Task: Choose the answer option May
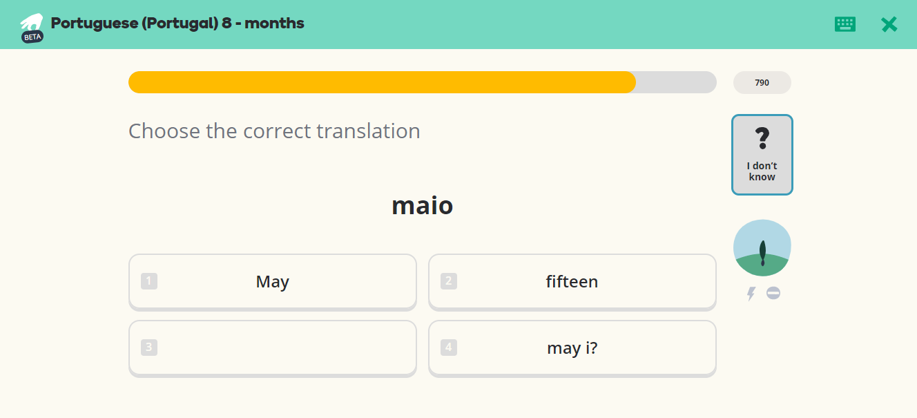click(x=273, y=281)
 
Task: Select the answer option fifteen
click(x=572, y=281)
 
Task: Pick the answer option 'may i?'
click(x=572, y=348)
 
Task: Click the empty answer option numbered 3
click(x=273, y=348)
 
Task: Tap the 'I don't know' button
click(x=762, y=155)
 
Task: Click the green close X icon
click(x=889, y=25)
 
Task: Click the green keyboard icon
click(x=845, y=24)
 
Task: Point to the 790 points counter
click(x=762, y=82)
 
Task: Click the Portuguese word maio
click(x=423, y=205)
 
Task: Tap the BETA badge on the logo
click(x=32, y=37)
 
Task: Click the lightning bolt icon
click(x=751, y=294)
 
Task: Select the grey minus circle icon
click(x=773, y=293)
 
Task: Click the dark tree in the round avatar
click(x=762, y=254)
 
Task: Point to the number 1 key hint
click(x=149, y=281)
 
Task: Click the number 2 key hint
click(x=449, y=281)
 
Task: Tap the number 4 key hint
click(x=449, y=348)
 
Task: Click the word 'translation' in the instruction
click(x=369, y=131)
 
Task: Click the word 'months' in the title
click(x=274, y=23)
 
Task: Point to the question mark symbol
click(x=762, y=138)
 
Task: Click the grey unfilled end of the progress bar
click(x=675, y=82)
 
